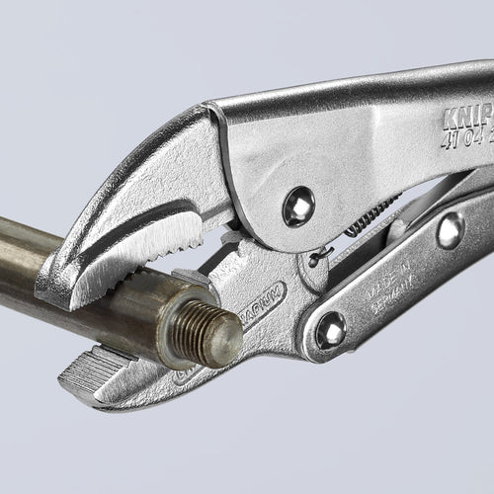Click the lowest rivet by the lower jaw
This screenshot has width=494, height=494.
tap(329, 331)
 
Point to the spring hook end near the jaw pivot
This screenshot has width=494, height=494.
tap(317, 259)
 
